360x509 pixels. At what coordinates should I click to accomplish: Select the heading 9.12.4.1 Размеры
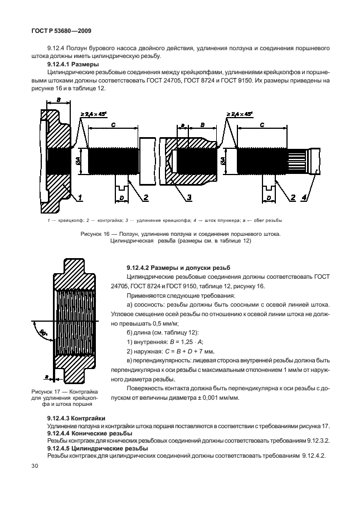69,64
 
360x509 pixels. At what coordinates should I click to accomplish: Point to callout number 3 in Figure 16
189,198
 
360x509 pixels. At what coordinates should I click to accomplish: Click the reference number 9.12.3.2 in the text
314,440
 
